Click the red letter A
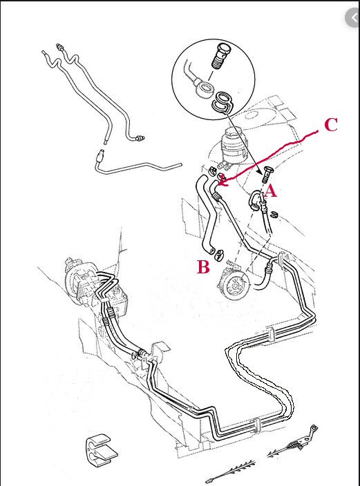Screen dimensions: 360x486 click(x=270, y=191)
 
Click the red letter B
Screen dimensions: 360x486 click(x=203, y=267)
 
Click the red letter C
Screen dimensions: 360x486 click(x=331, y=125)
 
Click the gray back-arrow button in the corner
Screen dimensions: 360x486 click(x=353, y=18)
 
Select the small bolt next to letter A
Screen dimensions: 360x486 click(x=265, y=175)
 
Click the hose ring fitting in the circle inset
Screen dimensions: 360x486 click(x=205, y=88)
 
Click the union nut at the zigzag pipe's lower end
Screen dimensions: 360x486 click(x=140, y=138)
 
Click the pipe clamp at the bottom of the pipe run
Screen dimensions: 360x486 click(x=256, y=426)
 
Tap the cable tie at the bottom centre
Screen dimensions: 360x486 click(x=232, y=472)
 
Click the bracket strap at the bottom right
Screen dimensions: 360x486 click(x=292, y=441)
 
